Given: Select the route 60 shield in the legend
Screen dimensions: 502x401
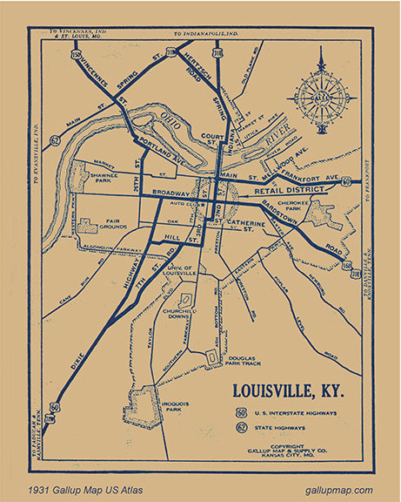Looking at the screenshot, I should [240, 411].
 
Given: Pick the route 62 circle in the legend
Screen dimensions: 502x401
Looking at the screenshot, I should [240, 428].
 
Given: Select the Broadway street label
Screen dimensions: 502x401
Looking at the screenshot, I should [170, 193].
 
